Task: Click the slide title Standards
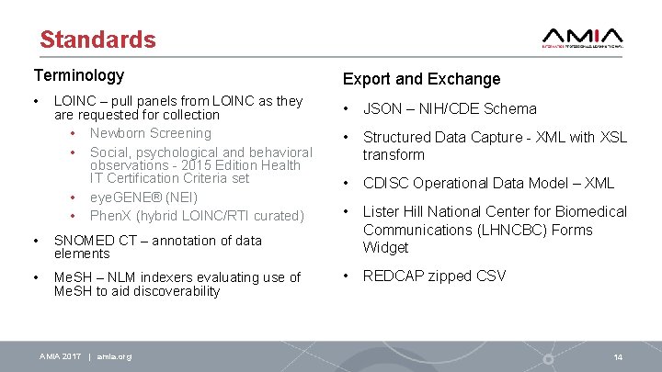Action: tap(97, 39)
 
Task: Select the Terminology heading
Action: tap(79, 75)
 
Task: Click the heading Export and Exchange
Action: tap(421, 79)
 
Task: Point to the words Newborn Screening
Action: tap(151, 133)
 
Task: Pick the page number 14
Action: tap(618, 356)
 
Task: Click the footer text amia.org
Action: tap(114, 356)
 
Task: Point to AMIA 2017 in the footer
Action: tap(60, 356)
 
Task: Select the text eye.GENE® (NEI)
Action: tap(143, 197)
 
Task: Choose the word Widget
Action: tap(385, 247)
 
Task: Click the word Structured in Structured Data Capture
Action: tap(399, 137)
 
